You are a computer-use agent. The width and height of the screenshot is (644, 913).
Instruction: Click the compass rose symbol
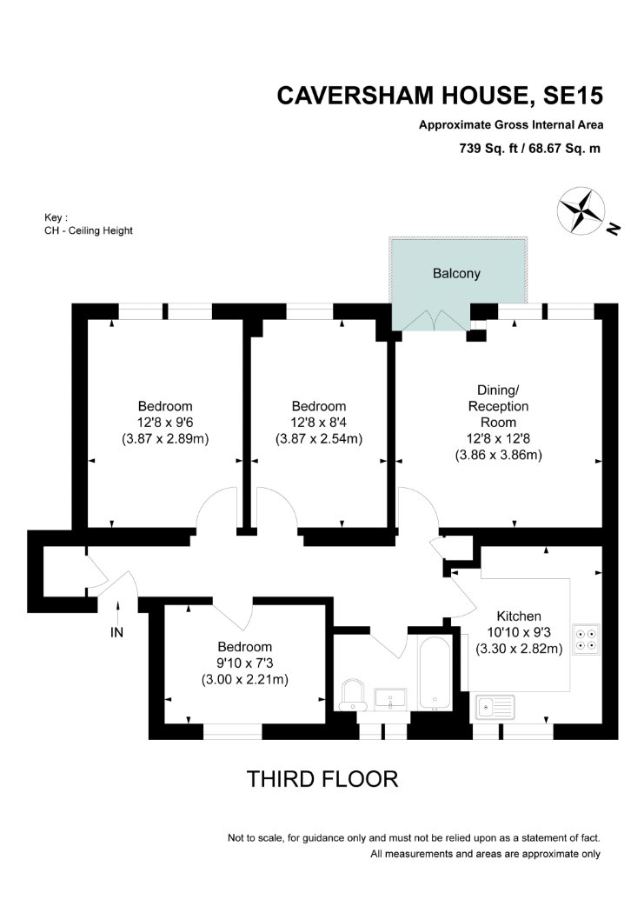tap(581, 210)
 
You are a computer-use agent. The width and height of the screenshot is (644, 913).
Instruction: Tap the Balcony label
tap(456, 273)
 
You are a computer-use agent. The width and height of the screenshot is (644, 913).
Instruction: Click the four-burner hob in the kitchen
tap(586, 639)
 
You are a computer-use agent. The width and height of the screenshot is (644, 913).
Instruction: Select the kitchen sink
tap(495, 708)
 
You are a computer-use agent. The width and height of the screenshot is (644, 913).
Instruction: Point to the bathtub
tap(434, 673)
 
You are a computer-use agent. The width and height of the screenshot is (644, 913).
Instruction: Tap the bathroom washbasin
tap(390, 699)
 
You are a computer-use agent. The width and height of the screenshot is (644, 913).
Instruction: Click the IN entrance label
tap(116, 632)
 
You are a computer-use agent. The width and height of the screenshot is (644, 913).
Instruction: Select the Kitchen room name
tap(519, 616)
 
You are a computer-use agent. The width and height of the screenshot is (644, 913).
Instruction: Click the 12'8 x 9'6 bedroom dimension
tap(164, 422)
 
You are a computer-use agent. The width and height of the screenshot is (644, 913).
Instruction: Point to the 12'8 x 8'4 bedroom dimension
tap(319, 422)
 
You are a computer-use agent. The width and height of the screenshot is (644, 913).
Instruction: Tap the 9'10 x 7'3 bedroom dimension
tap(245, 663)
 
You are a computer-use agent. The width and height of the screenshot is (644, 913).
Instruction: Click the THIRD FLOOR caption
tap(322, 779)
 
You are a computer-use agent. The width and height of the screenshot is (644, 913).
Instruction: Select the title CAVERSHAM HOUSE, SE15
tap(440, 96)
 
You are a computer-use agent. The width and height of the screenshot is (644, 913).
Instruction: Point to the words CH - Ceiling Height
tap(89, 230)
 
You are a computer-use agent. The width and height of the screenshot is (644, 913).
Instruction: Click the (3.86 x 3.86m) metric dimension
tap(499, 455)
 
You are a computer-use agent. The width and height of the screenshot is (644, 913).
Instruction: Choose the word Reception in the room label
tap(499, 406)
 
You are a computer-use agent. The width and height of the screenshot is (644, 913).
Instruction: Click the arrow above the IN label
tap(117, 612)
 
